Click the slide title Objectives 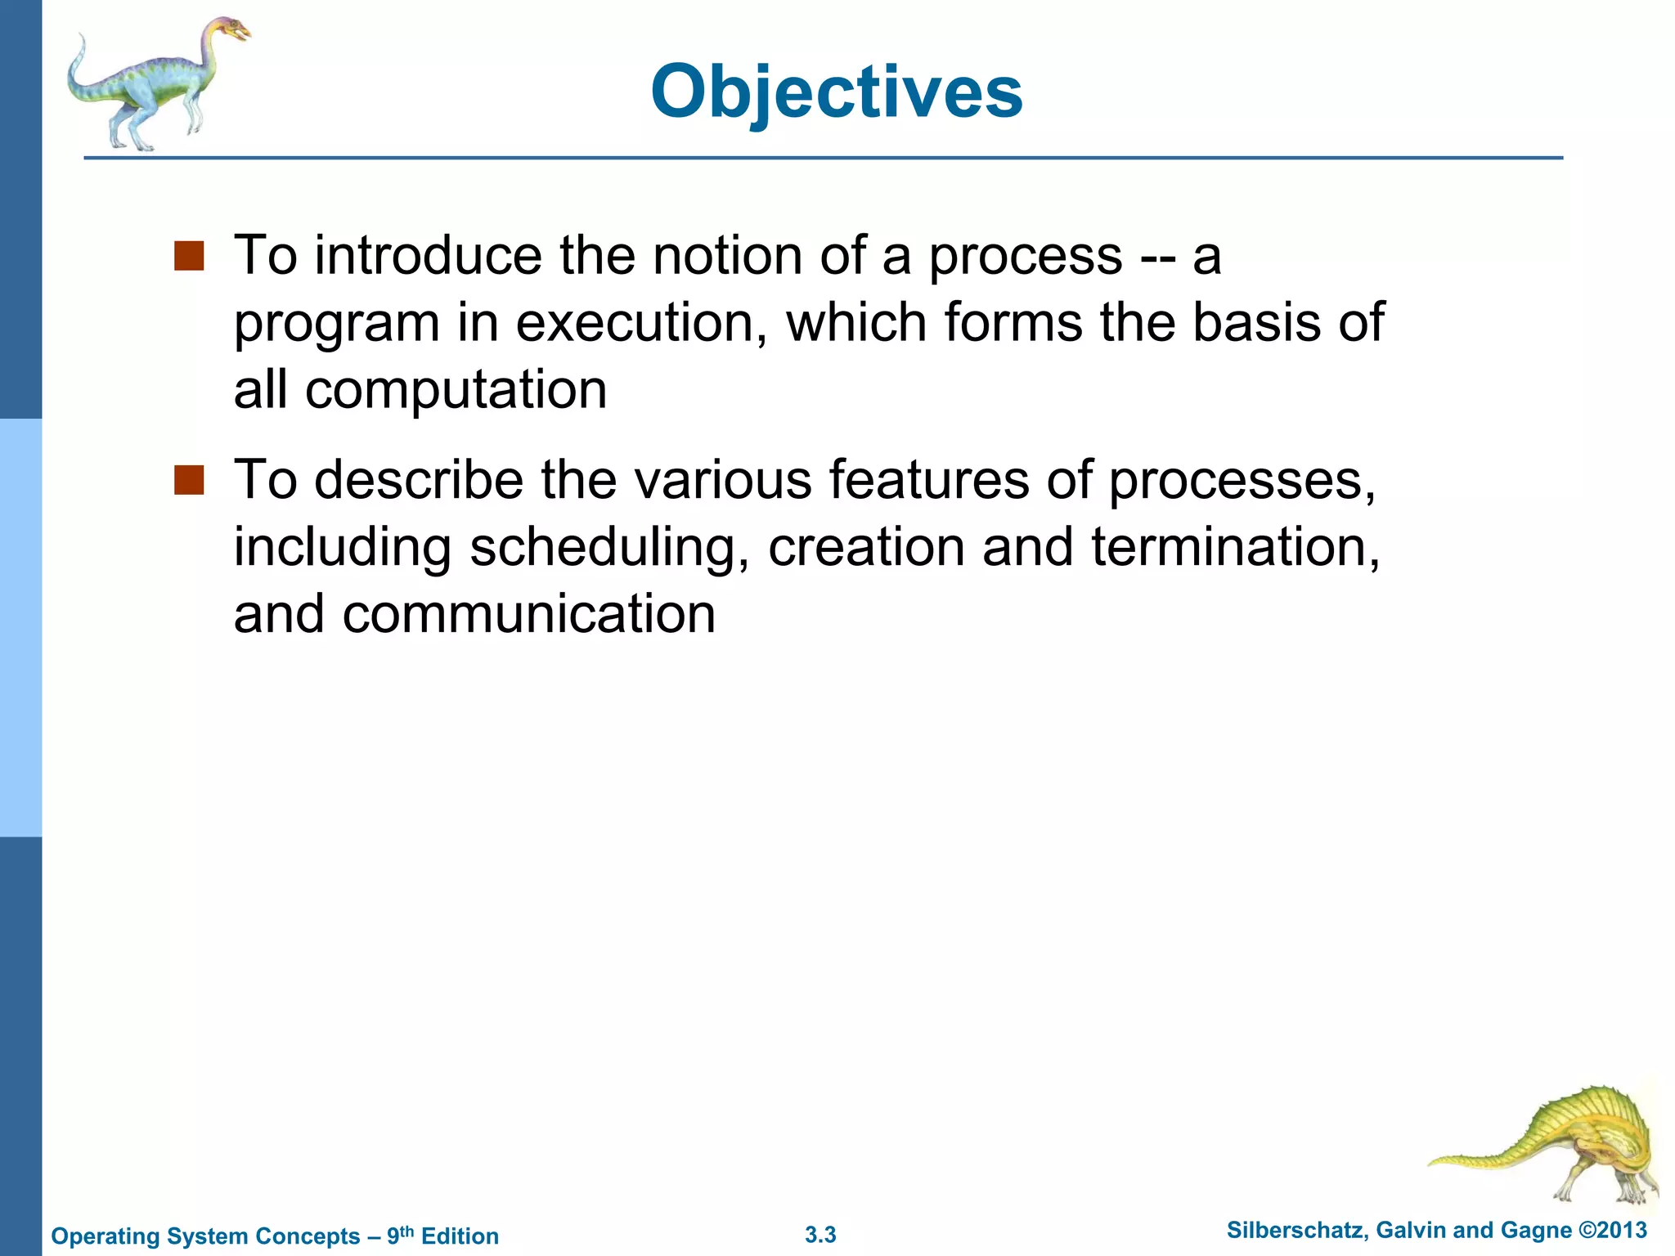click(x=836, y=92)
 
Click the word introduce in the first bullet click(x=428, y=256)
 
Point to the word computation click(x=456, y=389)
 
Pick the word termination click(x=1235, y=547)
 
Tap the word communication click(x=528, y=614)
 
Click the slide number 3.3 click(x=820, y=1235)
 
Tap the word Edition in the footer click(x=460, y=1236)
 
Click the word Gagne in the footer click(x=1538, y=1231)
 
